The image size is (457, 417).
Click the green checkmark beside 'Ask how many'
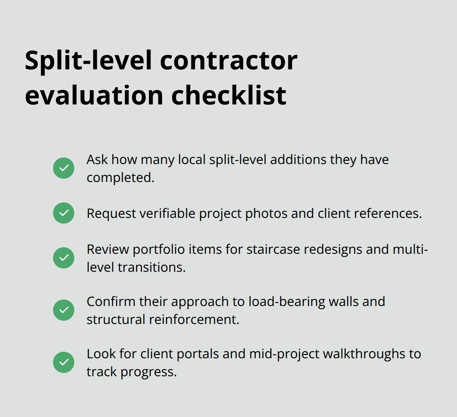coord(64,168)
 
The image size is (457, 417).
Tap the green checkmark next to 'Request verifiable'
coord(64,213)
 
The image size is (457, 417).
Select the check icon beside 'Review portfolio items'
coord(64,258)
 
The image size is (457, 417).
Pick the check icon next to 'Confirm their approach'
coord(64,310)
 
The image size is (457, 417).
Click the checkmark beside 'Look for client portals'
coord(64,362)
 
